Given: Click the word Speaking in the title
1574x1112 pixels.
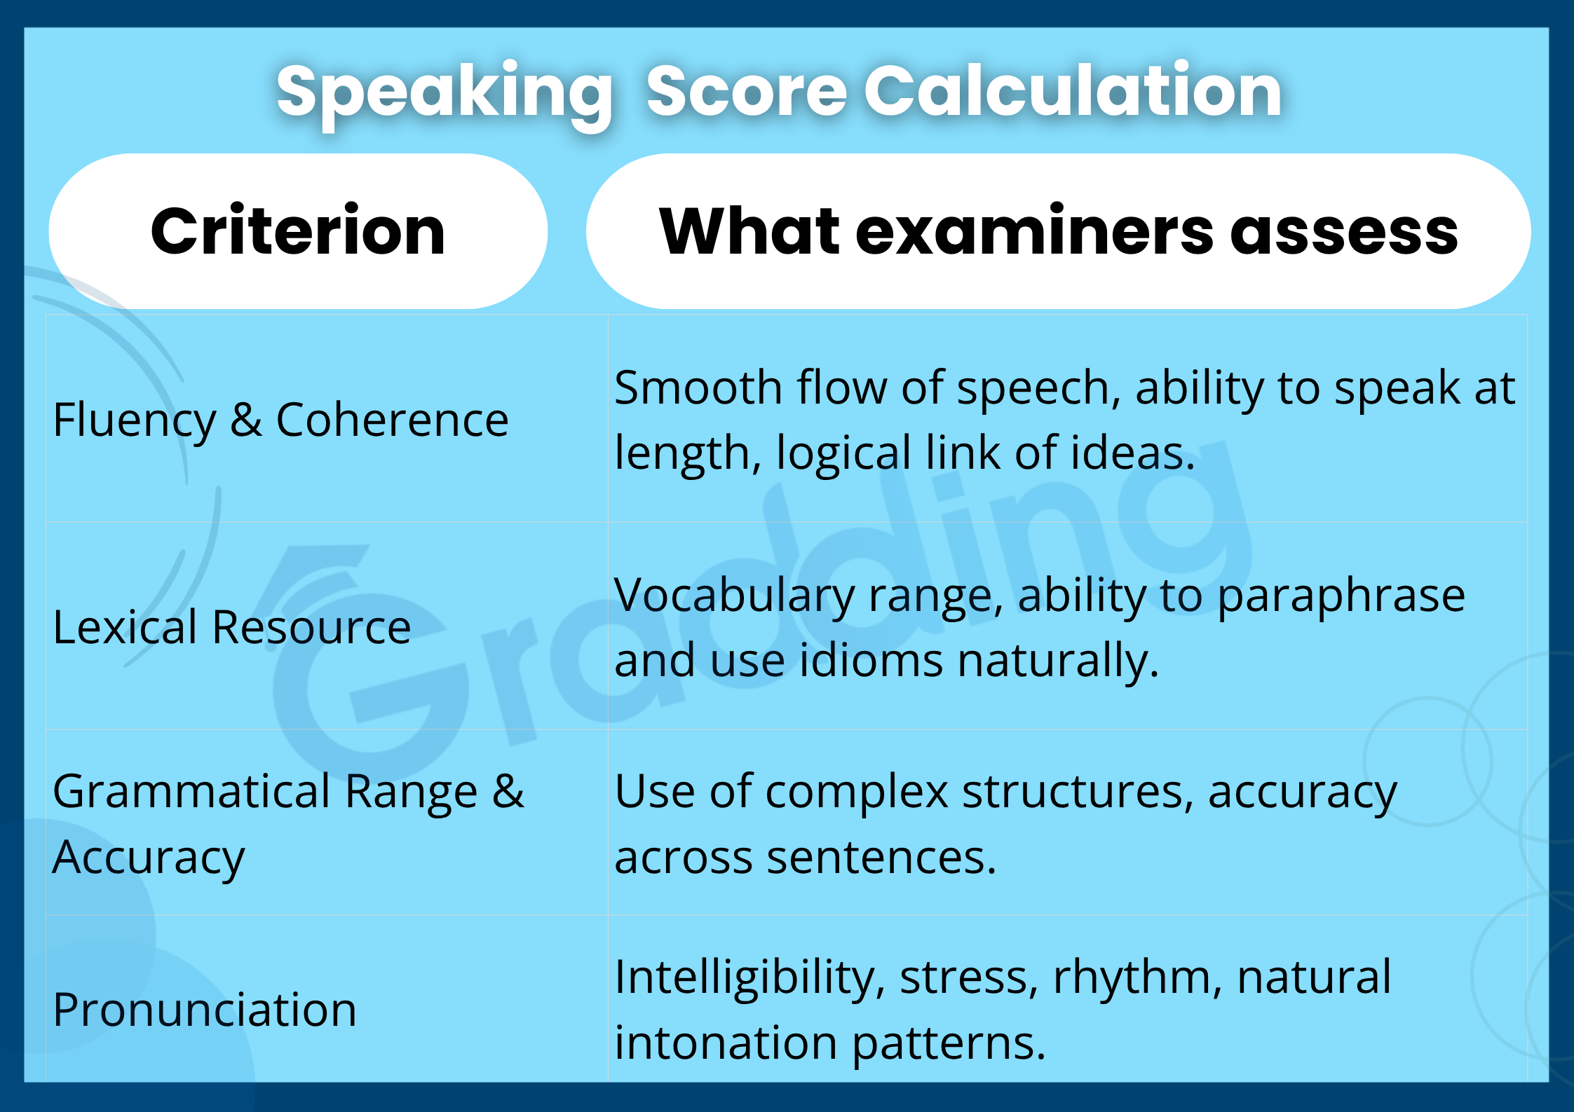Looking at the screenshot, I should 445,92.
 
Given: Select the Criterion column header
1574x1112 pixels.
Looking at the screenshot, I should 298,231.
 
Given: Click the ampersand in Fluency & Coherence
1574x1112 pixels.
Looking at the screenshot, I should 246,420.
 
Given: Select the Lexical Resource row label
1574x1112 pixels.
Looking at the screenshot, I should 231,626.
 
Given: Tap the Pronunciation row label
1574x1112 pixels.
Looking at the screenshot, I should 205,1010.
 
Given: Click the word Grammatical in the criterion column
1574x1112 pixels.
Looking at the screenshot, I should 192,792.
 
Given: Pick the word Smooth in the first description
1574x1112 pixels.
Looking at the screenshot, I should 698,388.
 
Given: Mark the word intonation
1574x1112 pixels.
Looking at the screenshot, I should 726,1043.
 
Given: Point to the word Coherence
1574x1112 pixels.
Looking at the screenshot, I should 392,420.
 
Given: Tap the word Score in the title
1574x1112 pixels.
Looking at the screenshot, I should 747,92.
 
